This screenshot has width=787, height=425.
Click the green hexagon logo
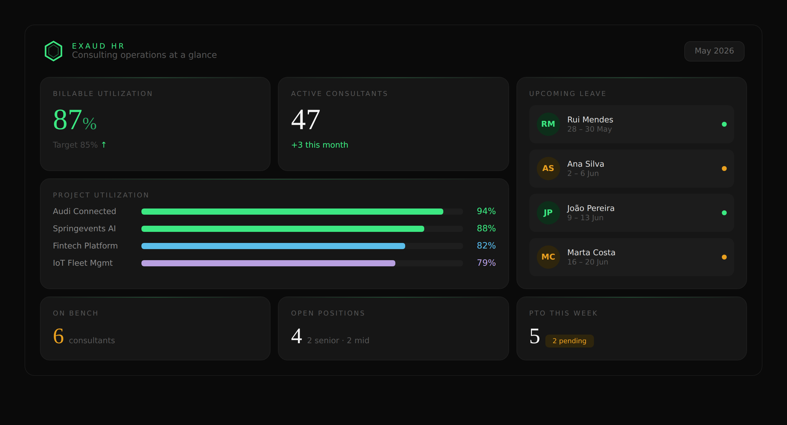[x=53, y=51]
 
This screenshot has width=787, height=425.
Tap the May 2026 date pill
[x=714, y=51]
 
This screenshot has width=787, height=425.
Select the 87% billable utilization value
[x=75, y=120]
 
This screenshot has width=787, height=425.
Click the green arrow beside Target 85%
[x=104, y=145]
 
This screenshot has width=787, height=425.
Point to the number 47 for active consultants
[x=306, y=120]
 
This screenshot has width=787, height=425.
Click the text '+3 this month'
[x=320, y=145]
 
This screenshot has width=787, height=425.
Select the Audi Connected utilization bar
[x=292, y=211]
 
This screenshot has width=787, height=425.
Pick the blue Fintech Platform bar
[x=273, y=246]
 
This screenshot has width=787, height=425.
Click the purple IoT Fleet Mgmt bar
[x=268, y=263]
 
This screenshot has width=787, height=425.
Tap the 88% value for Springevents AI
[x=486, y=228]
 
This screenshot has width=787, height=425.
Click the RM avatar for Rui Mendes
[x=548, y=124]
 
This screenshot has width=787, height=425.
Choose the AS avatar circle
[x=548, y=168]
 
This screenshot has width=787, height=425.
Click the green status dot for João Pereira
[x=724, y=212]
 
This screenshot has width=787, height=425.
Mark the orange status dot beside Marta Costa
[x=724, y=257]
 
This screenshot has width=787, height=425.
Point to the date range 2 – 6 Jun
[x=583, y=173]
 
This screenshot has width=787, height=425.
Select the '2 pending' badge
[x=569, y=341]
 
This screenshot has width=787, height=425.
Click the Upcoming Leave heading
[x=568, y=93]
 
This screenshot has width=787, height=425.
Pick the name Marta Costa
[x=591, y=252]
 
